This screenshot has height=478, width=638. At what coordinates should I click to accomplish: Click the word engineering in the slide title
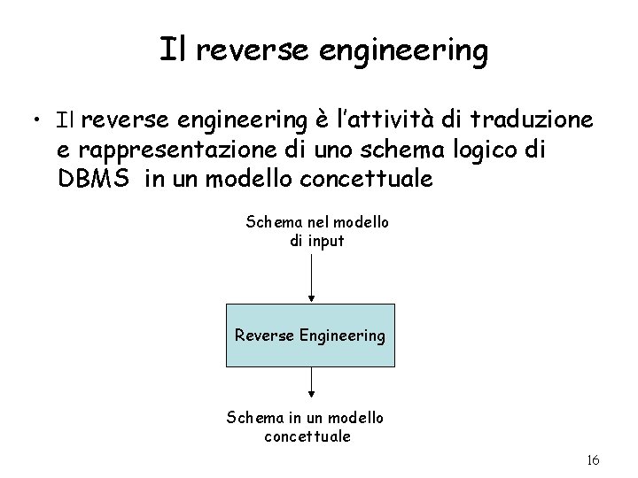[418, 51]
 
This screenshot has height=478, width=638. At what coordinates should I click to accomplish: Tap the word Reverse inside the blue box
[265, 335]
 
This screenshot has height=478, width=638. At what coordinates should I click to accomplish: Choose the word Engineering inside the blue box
[343, 336]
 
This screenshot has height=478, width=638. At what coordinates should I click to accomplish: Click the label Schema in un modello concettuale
[306, 426]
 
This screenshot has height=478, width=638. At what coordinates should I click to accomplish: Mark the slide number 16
[593, 460]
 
